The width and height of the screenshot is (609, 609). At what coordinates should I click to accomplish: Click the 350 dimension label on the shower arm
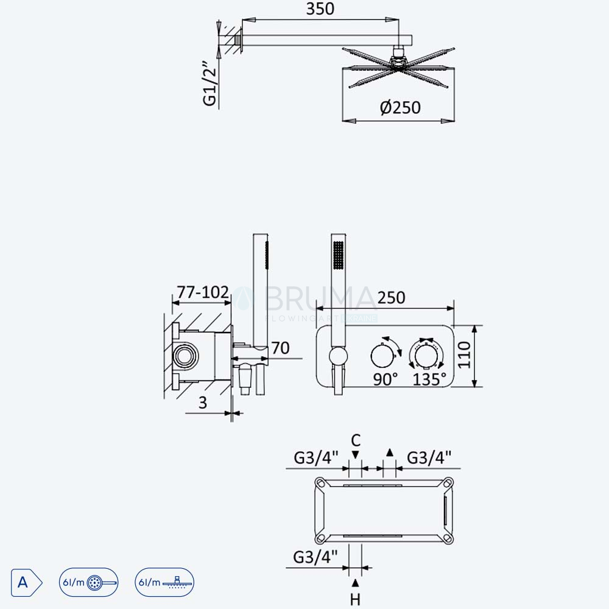click(320, 9)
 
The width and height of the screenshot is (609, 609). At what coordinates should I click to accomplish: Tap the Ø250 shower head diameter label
click(400, 108)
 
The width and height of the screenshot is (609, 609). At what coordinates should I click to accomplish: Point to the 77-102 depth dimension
click(203, 292)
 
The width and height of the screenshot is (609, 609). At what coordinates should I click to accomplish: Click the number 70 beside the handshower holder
click(280, 348)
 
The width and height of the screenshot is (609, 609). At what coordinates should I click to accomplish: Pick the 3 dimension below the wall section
click(203, 403)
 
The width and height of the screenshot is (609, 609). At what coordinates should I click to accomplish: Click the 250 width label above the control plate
click(391, 298)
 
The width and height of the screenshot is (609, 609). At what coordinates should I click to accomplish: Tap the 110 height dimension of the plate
click(464, 354)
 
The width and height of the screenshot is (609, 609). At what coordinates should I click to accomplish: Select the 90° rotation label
click(385, 379)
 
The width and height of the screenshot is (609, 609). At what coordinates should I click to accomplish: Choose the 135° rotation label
click(429, 379)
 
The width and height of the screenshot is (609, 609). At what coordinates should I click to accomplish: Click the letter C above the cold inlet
click(356, 440)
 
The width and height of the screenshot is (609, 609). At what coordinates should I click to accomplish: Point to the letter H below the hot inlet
click(356, 600)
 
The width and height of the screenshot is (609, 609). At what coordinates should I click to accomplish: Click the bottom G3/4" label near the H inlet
click(315, 557)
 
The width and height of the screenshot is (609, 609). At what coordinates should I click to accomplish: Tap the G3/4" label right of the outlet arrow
click(429, 458)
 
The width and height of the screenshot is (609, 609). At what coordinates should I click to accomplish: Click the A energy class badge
click(26, 583)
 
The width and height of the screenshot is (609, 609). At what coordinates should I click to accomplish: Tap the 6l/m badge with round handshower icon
click(88, 582)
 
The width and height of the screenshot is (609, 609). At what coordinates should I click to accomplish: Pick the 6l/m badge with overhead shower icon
click(164, 582)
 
